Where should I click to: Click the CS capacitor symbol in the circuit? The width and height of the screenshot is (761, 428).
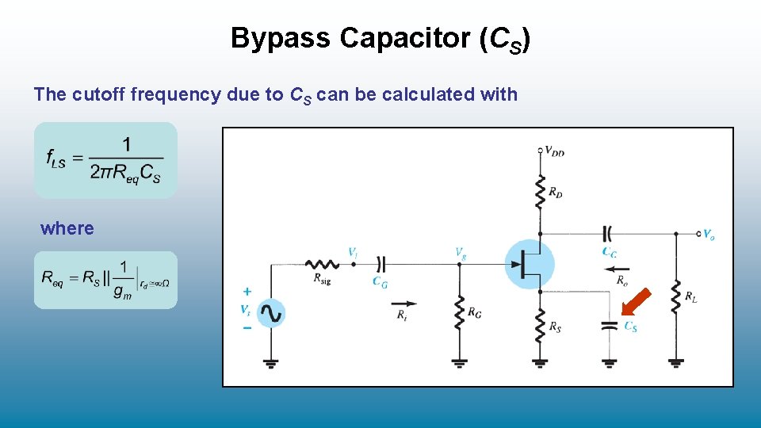tap(609, 326)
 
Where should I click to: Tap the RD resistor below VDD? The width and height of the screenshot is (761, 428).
tap(540, 191)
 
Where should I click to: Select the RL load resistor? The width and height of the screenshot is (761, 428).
tap(675, 296)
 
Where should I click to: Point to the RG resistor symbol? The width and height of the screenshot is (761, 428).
tap(459, 313)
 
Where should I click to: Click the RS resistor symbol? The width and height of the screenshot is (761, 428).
tap(540, 325)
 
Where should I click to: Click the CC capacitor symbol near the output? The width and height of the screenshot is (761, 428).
tap(608, 234)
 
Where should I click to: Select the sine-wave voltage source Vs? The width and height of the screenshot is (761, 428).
tap(270, 313)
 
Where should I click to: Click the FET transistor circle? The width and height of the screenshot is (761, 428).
tap(530, 263)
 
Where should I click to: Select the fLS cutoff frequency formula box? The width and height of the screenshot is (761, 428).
tap(105, 159)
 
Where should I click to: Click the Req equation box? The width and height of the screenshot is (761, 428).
tap(105, 280)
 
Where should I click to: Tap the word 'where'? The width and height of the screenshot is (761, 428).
tap(67, 228)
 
